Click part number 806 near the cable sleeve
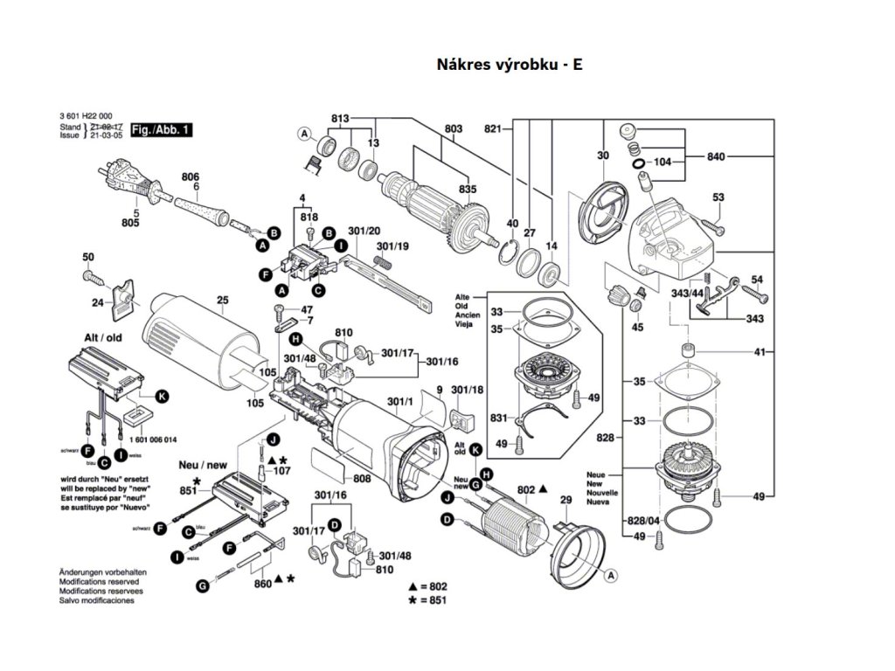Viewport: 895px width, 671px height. [191, 176]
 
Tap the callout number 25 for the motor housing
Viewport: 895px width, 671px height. [222, 301]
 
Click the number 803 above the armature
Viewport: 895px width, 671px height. [453, 130]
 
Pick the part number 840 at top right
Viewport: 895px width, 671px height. [716, 156]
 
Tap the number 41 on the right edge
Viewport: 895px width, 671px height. [760, 352]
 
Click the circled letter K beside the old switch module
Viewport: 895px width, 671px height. [162, 396]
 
